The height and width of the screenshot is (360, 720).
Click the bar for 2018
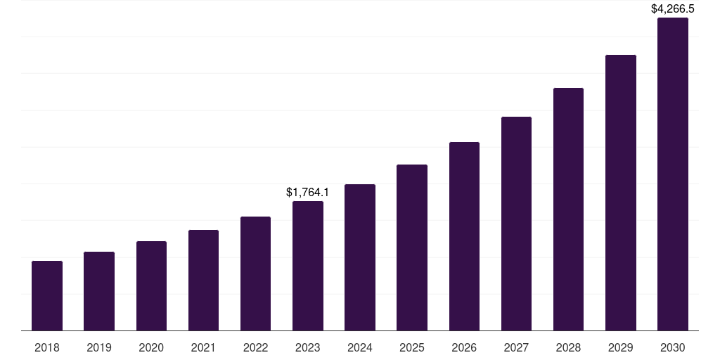(47, 295)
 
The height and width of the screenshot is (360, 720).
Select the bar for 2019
(99, 291)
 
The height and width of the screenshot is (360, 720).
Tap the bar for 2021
(203, 280)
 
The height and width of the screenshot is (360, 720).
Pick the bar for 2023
(308, 266)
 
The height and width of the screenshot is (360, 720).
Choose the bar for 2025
(412, 247)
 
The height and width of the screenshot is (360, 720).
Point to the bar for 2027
(516, 224)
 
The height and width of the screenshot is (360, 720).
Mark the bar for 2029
(621, 193)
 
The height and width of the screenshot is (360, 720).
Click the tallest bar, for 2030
(673, 174)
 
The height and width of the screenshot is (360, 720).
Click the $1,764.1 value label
(308, 192)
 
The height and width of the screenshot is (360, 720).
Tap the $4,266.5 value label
(673, 9)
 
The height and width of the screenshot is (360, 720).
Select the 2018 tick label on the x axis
(47, 347)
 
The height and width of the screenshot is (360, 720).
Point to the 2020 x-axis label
(151, 347)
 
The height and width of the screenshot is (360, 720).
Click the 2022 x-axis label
(255, 347)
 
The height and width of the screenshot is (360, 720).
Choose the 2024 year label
(360, 347)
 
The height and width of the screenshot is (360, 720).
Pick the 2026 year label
(464, 347)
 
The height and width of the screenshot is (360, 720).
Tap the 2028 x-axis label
(568, 347)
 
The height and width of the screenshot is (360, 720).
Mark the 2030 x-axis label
(673, 347)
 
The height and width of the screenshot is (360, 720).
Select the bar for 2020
(151, 286)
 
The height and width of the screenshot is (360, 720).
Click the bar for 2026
(464, 236)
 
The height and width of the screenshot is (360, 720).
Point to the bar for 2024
(360, 257)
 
